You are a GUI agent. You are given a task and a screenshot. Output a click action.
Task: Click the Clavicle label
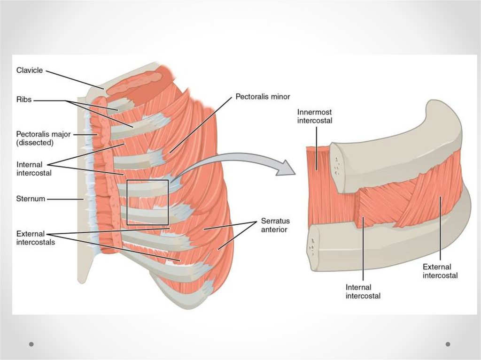(x=30, y=70)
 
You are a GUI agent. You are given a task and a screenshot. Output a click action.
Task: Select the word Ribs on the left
(x=23, y=100)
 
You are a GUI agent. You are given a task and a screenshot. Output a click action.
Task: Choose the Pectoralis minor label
(x=263, y=97)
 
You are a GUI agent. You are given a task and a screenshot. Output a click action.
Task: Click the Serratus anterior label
(x=274, y=225)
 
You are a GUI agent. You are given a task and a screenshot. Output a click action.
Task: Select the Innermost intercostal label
(x=315, y=116)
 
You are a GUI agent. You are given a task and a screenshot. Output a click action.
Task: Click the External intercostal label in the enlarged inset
(x=440, y=271)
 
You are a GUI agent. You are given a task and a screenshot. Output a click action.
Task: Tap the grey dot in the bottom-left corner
(x=31, y=344)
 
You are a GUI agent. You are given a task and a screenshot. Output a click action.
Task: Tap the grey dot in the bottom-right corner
(x=448, y=344)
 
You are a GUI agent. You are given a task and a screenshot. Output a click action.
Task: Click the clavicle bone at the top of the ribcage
(x=136, y=83)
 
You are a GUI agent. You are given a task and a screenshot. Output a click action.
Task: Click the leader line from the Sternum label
(x=66, y=199)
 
